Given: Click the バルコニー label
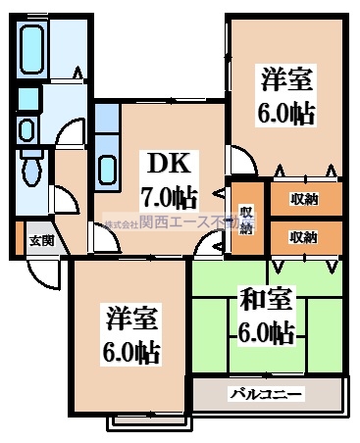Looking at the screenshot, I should pyautogui.click(x=267, y=396).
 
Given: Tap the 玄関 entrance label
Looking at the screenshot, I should pyautogui.click(x=39, y=240).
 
